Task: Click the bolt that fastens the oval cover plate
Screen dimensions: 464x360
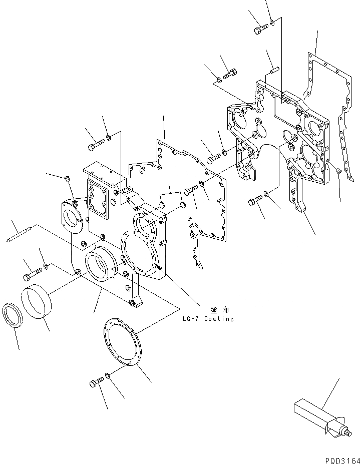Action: tap(96, 383)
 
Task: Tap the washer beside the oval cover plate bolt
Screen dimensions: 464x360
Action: tap(109, 376)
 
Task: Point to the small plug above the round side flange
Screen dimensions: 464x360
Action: tap(68, 178)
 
